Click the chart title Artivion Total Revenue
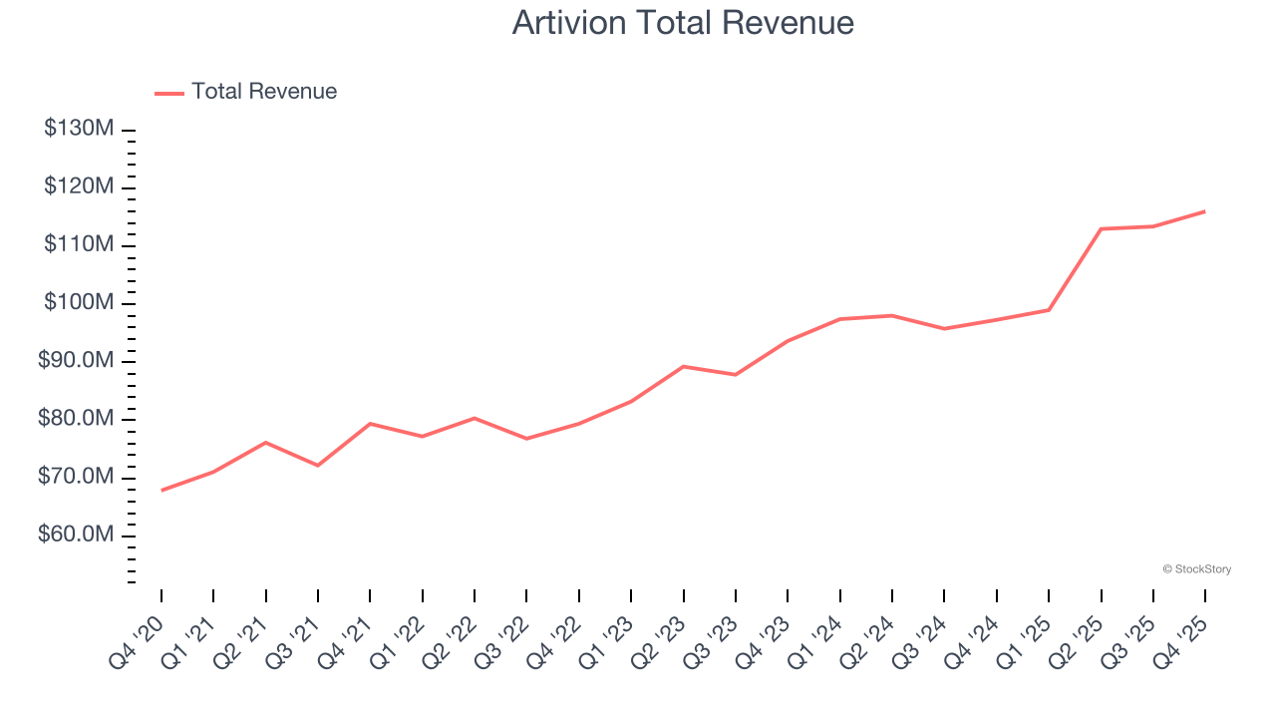(x=683, y=23)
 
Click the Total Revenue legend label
(x=264, y=92)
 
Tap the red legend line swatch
(x=169, y=93)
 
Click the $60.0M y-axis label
(x=76, y=536)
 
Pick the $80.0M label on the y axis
(x=76, y=419)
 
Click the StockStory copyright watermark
(x=1196, y=569)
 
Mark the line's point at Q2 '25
(x=1101, y=228)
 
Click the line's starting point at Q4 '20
(x=161, y=490)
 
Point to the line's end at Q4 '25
(x=1204, y=211)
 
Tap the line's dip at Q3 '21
(x=318, y=466)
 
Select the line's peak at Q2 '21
(x=265, y=442)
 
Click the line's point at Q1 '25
(x=1048, y=310)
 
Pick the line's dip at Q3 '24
(x=944, y=328)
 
